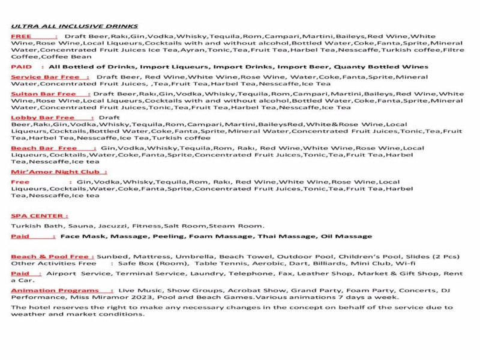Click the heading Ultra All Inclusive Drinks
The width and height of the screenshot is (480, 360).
74,26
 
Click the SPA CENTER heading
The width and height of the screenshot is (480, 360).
40,215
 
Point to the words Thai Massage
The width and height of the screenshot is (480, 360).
286,236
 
